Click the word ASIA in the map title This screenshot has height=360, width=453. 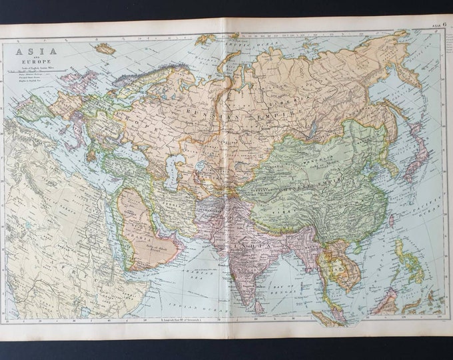click(x=27, y=51)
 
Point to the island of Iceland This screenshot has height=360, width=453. click(x=105, y=49)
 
